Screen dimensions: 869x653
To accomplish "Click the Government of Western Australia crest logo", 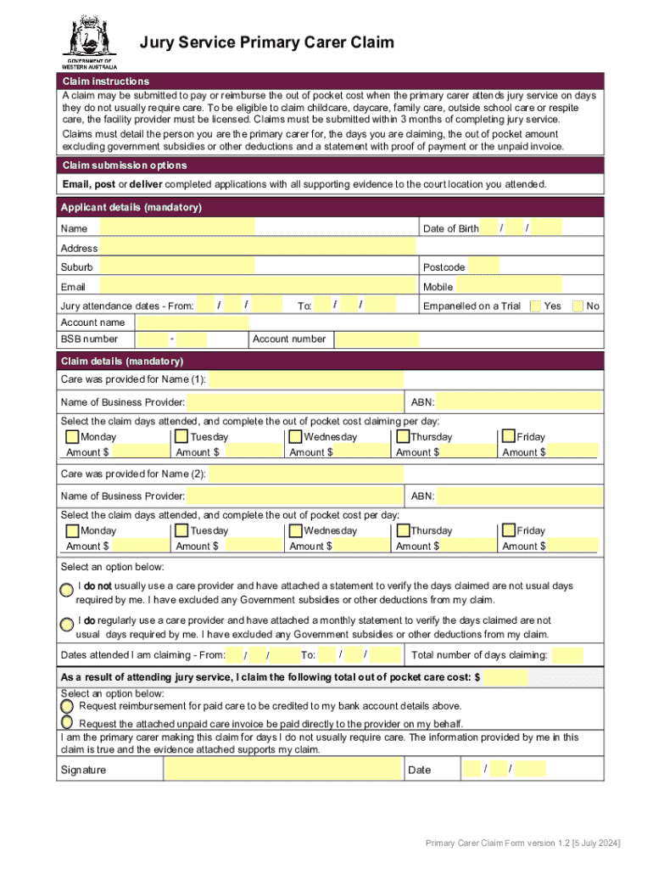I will (88, 38).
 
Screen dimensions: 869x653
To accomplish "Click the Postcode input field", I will (483, 267).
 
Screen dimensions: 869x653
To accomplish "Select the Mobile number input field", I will (509, 286).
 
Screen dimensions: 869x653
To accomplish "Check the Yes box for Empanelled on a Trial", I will (534, 306).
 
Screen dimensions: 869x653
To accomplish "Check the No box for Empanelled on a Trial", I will (578, 306).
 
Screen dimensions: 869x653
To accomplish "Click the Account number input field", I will (377, 339).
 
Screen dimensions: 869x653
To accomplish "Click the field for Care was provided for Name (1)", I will (306, 379).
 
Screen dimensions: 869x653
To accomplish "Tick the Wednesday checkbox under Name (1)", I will (294, 437).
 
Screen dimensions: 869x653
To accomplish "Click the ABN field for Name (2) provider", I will (519, 496).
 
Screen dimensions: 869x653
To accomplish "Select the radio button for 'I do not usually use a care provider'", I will (66, 589).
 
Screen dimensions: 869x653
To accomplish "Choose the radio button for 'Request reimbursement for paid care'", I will (67, 705).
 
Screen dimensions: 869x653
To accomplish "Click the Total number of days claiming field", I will (567, 655).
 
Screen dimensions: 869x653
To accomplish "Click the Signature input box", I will (282, 770).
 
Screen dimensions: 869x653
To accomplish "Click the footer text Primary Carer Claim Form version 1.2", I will (522, 843).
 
